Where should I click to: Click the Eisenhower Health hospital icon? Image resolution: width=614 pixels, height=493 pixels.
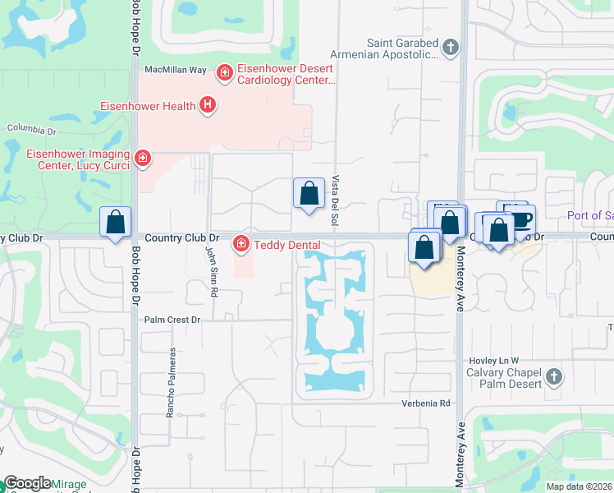[x=208, y=105]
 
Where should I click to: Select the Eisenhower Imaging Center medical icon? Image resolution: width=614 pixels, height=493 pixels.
[x=143, y=157]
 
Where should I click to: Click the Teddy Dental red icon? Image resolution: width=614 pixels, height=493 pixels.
[x=241, y=243]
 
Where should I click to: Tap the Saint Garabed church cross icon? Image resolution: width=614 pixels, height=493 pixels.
[x=450, y=47]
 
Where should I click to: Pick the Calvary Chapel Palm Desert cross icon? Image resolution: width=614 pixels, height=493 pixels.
[x=554, y=376]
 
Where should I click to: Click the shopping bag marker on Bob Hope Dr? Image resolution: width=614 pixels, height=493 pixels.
[x=116, y=222]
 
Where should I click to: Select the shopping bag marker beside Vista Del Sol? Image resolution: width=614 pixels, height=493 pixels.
[x=308, y=194]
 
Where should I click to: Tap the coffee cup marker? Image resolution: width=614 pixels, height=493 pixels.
[x=520, y=219]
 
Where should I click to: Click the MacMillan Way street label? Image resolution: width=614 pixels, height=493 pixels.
[x=176, y=71]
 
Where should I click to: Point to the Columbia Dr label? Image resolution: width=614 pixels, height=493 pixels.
[x=32, y=130]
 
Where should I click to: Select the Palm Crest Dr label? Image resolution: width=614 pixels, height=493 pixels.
[x=172, y=320]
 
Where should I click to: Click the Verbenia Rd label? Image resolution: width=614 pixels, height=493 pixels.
[x=427, y=403]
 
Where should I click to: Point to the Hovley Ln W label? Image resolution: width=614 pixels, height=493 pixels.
[x=494, y=361]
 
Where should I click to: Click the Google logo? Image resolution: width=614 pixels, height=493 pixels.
[x=28, y=483]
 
